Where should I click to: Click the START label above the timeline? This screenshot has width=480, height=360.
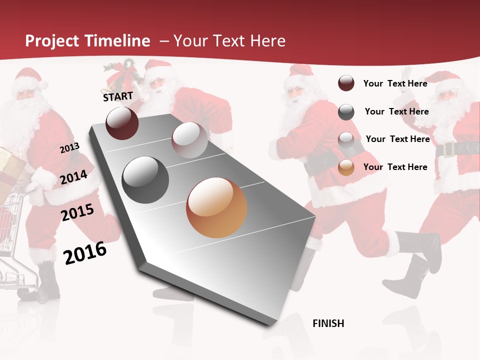pyautogui.click(x=118, y=96)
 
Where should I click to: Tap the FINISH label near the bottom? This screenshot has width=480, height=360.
pyautogui.click(x=328, y=323)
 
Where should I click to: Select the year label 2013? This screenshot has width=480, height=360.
pyautogui.click(x=69, y=147)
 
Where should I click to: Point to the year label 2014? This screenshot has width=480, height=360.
pyautogui.click(x=74, y=177)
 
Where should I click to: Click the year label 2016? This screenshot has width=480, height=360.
pyautogui.click(x=85, y=252)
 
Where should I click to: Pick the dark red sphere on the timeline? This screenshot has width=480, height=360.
pyautogui.click(x=122, y=123)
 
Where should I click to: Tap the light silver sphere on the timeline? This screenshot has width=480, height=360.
pyautogui.click(x=189, y=140)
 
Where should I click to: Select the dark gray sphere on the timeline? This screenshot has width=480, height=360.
pyautogui.click(x=145, y=180)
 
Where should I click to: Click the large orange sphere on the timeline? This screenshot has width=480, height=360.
pyautogui.click(x=216, y=207)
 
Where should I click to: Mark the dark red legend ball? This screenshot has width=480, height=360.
pyautogui.click(x=346, y=83)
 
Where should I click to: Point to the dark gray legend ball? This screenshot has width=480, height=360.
pyautogui.click(x=346, y=112)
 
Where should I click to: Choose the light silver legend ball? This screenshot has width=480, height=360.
pyautogui.click(x=346, y=139)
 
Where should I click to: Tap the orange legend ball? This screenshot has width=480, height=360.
pyautogui.click(x=346, y=167)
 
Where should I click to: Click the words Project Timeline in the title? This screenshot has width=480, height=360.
pyautogui.click(x=87, y=41)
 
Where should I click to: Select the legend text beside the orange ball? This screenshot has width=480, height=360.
pyautogui.click(x=395, y=167)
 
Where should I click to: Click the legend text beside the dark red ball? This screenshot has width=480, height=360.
pyautogui.click(x=395, y=83)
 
